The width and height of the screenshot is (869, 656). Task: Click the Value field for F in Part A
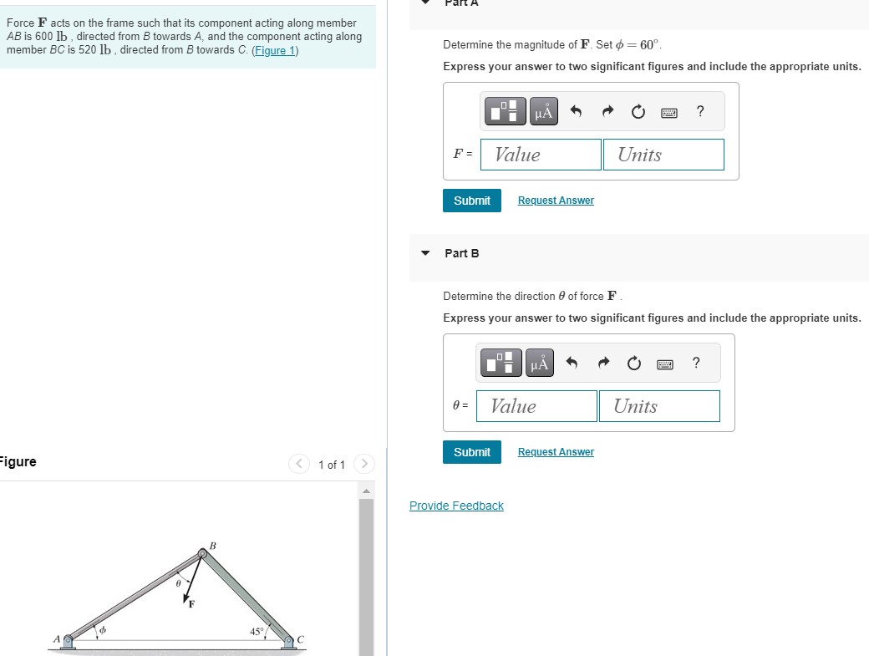coord(541,155)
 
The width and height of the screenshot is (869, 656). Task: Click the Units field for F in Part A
coord(663,155)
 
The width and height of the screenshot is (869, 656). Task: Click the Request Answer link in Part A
coord(556,201)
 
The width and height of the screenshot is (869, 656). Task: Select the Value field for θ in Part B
coord(536,406)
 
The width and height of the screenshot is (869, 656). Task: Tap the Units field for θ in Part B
coord(659,406)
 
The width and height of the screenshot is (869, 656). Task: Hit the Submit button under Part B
coord(472,452)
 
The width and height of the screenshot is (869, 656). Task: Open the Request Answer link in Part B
coord(556,452)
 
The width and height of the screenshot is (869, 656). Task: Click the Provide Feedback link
coord(456,506)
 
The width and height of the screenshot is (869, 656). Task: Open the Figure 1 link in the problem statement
coord(275,50)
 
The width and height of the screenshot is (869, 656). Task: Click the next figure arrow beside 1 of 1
coord(364,464)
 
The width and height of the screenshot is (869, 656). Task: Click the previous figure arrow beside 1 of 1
coord(298,464)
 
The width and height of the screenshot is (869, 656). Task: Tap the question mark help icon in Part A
coord(700,111)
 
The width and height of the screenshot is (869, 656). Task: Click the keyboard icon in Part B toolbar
coord(665,364)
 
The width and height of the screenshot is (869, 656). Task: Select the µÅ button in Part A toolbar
coord(544,111)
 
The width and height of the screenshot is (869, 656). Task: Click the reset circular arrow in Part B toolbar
coord(634,364)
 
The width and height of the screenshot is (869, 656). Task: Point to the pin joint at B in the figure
coord(202,553)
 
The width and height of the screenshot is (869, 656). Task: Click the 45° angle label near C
coord(257,632)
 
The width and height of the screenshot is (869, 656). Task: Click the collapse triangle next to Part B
coord(425,253)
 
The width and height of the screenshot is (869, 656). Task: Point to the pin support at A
coord(69,640)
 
